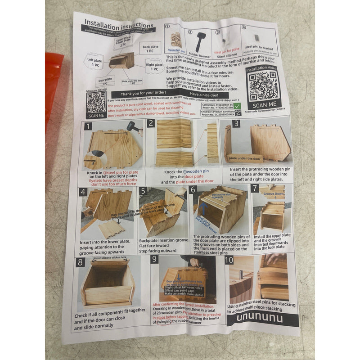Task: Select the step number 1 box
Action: coord(88,127)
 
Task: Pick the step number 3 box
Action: coord(236,123)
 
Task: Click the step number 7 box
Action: coord(255,188)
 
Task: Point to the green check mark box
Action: coord(243,106)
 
